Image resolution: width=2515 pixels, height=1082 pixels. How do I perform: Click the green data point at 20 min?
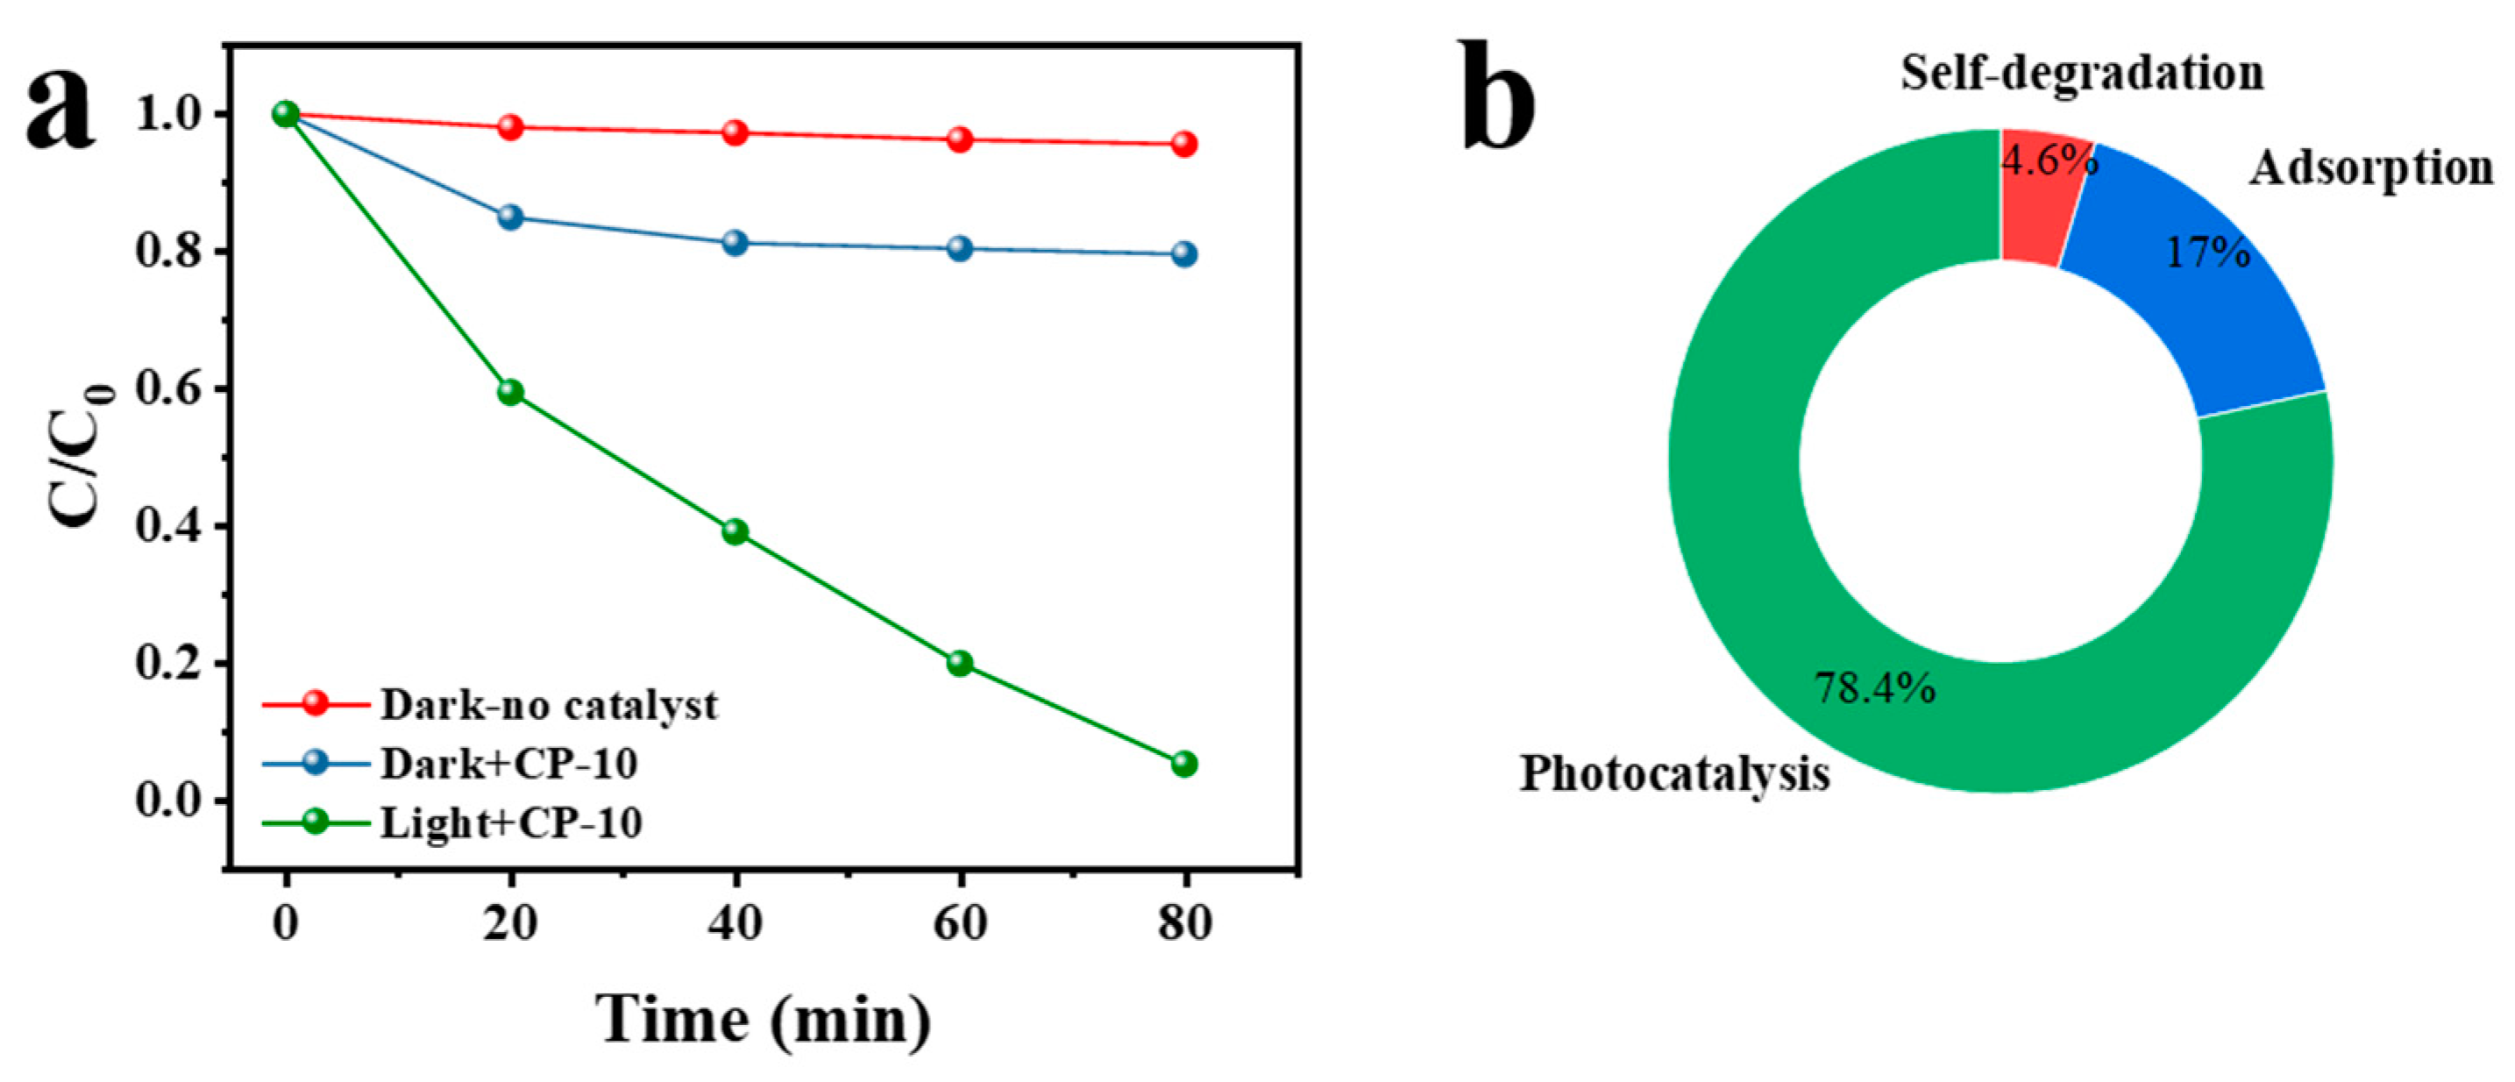509,393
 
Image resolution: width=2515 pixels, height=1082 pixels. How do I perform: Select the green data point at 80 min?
1183,764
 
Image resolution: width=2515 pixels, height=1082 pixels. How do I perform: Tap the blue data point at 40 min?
735,242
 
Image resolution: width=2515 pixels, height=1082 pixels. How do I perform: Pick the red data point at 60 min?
960,139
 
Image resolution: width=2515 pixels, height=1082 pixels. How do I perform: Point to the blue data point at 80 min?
1183,254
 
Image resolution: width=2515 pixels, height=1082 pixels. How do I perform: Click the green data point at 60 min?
960,663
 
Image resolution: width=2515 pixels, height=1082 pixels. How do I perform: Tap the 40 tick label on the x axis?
735,922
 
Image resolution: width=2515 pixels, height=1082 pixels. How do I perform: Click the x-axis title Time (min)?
764,1020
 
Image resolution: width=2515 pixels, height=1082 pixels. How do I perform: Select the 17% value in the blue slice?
2208,253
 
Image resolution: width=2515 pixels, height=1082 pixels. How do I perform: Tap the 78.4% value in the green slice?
1874,688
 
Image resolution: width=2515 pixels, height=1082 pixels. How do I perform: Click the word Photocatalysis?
1674,773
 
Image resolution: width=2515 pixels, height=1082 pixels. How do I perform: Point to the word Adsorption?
2371,168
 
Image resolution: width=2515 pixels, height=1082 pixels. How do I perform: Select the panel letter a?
60,115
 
